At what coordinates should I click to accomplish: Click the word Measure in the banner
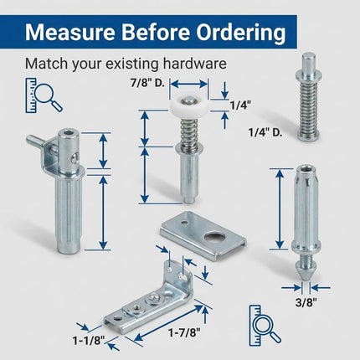pyautogui.click(x=69, y=32)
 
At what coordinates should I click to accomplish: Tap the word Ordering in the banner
pyautogui.click(x=241, y=33)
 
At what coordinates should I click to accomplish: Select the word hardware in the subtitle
pyautogui.click(x=195, y=64)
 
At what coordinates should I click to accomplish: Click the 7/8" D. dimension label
pyautogui.click(x=147, y=83)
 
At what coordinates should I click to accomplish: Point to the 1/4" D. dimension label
pyautogui.click(x=265, y=131)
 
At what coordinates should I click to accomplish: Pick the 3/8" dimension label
pyautogui.click(x=306, y=302)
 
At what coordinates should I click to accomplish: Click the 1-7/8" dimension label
pyautogui.click(x=184, y=332)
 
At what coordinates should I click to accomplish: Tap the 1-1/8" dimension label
pyautogui.click(x=89, y=341)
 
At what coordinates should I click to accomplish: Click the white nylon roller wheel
pyautogui.click(x=188, y=105)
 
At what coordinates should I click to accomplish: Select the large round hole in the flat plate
pyautogui.click(x=214, y=237)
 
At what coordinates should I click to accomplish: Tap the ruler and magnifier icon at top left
pyautogui.click(x=44, y=95)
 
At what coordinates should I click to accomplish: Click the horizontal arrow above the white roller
pyautogui.click(x=188, y=84)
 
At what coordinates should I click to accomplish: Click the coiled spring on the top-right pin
pyautogui.click(x=309, y=108)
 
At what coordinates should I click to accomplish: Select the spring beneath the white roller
pyautogui.click(x=188, y=131)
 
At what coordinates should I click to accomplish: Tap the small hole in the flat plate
pyautogui.click(x=183, y=223)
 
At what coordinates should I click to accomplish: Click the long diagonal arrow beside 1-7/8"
pyautogui.click(x=168, y=323)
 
